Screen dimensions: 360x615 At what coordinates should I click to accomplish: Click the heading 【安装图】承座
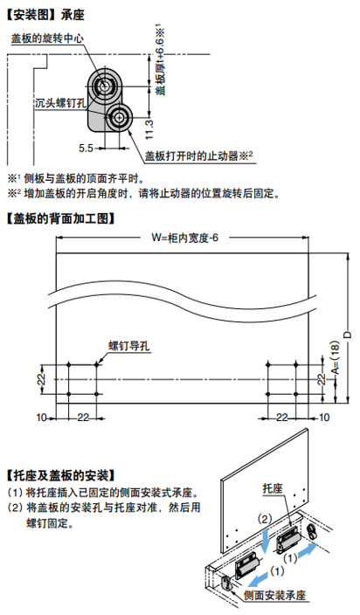[45, 15]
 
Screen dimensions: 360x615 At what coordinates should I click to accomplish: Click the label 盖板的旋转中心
[47, 38]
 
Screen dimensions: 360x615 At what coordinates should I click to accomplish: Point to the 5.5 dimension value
[86, 149]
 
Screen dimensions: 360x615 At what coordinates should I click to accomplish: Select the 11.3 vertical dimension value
[149, 129]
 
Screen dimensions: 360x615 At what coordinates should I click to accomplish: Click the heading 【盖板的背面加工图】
[60, 218]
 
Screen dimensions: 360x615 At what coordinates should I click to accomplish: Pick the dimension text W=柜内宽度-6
[184, 238]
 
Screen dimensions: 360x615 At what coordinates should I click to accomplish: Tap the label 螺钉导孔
[129, 346]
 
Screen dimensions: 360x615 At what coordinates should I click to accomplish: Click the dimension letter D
[348, 335]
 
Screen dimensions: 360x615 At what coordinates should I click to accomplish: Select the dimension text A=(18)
[336, 357]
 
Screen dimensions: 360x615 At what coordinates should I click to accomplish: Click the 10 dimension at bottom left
[42, 418]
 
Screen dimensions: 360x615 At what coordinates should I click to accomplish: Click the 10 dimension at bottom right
[324, 418]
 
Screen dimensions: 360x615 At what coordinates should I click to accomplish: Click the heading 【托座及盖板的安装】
[60, 475]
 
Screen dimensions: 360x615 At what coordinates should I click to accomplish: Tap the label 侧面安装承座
[274, 596]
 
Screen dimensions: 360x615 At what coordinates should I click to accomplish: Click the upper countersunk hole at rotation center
[105, 86]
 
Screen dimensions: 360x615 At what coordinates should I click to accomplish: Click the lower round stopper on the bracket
[119, 116]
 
